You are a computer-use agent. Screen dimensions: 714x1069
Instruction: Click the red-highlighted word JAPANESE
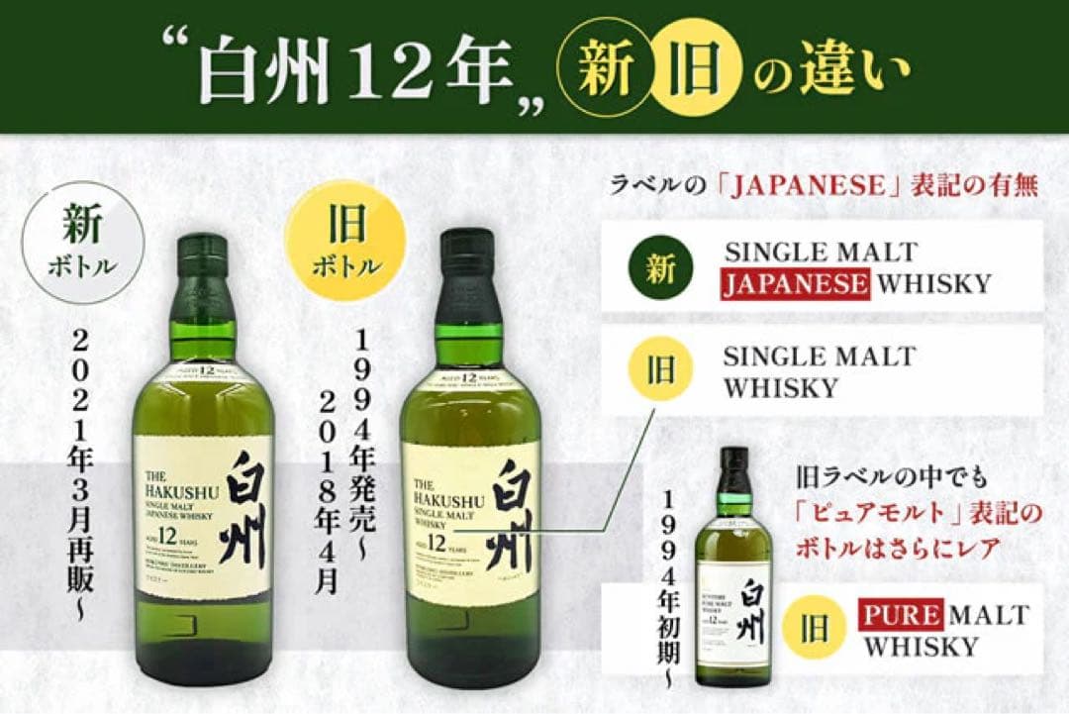tap(796, 284)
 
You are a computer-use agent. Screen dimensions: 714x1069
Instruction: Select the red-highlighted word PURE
tap(900, 615)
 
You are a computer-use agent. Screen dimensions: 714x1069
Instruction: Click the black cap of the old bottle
tap(466, 259)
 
